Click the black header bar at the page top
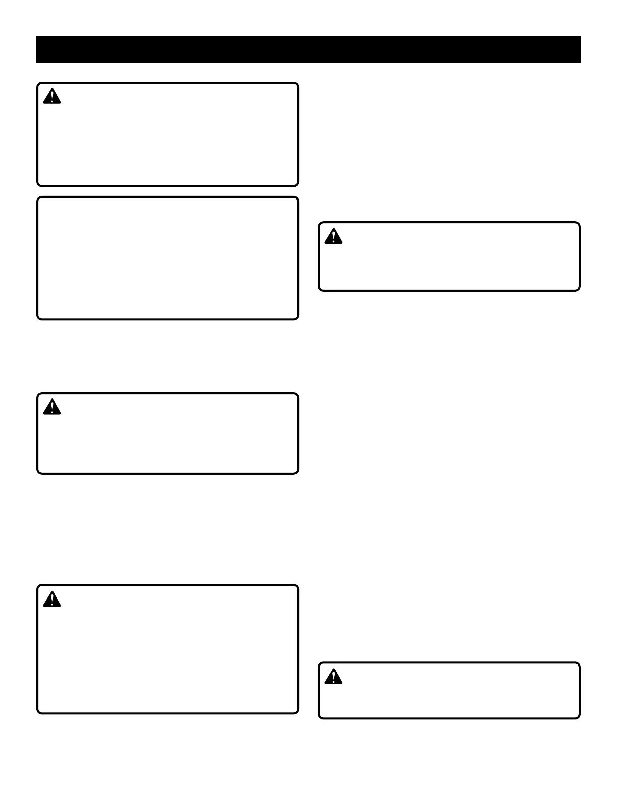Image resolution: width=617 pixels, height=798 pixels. pyautogui.click(x=308, y=50)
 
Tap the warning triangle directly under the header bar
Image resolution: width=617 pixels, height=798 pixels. pyautogui.click(x=52, y=96)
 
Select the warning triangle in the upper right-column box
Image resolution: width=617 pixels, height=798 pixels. pyautogui.click(x=333, y=236)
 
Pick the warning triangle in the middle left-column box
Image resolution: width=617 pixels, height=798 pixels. pyautogui.click(x=52, y=407)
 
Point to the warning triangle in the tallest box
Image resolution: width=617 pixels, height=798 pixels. pyautogui.click(x=52, y=599)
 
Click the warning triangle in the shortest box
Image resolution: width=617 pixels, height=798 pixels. pyautogui.click(x=333, y=677)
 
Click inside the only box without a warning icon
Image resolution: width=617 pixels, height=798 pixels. pyautogui.click(x=168, y=258)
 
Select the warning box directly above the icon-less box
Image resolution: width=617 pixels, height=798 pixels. pyautogui.click(x=168, y=135)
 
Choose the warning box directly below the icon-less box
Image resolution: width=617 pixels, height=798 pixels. pyautogui.click(x=168, y=434)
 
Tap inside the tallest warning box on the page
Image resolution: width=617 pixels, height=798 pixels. pyautogui.click(x=168, y=649)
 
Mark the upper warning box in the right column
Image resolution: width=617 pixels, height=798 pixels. pyautogui.click(x=449, y=256)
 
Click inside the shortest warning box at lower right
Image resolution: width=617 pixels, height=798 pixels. pyautogui.click(x=449, y=691)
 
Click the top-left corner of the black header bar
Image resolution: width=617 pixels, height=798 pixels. pyautogui.click(x=37, y=37)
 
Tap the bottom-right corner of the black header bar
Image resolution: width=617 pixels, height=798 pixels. pyautogui.click(x=580, y=63)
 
